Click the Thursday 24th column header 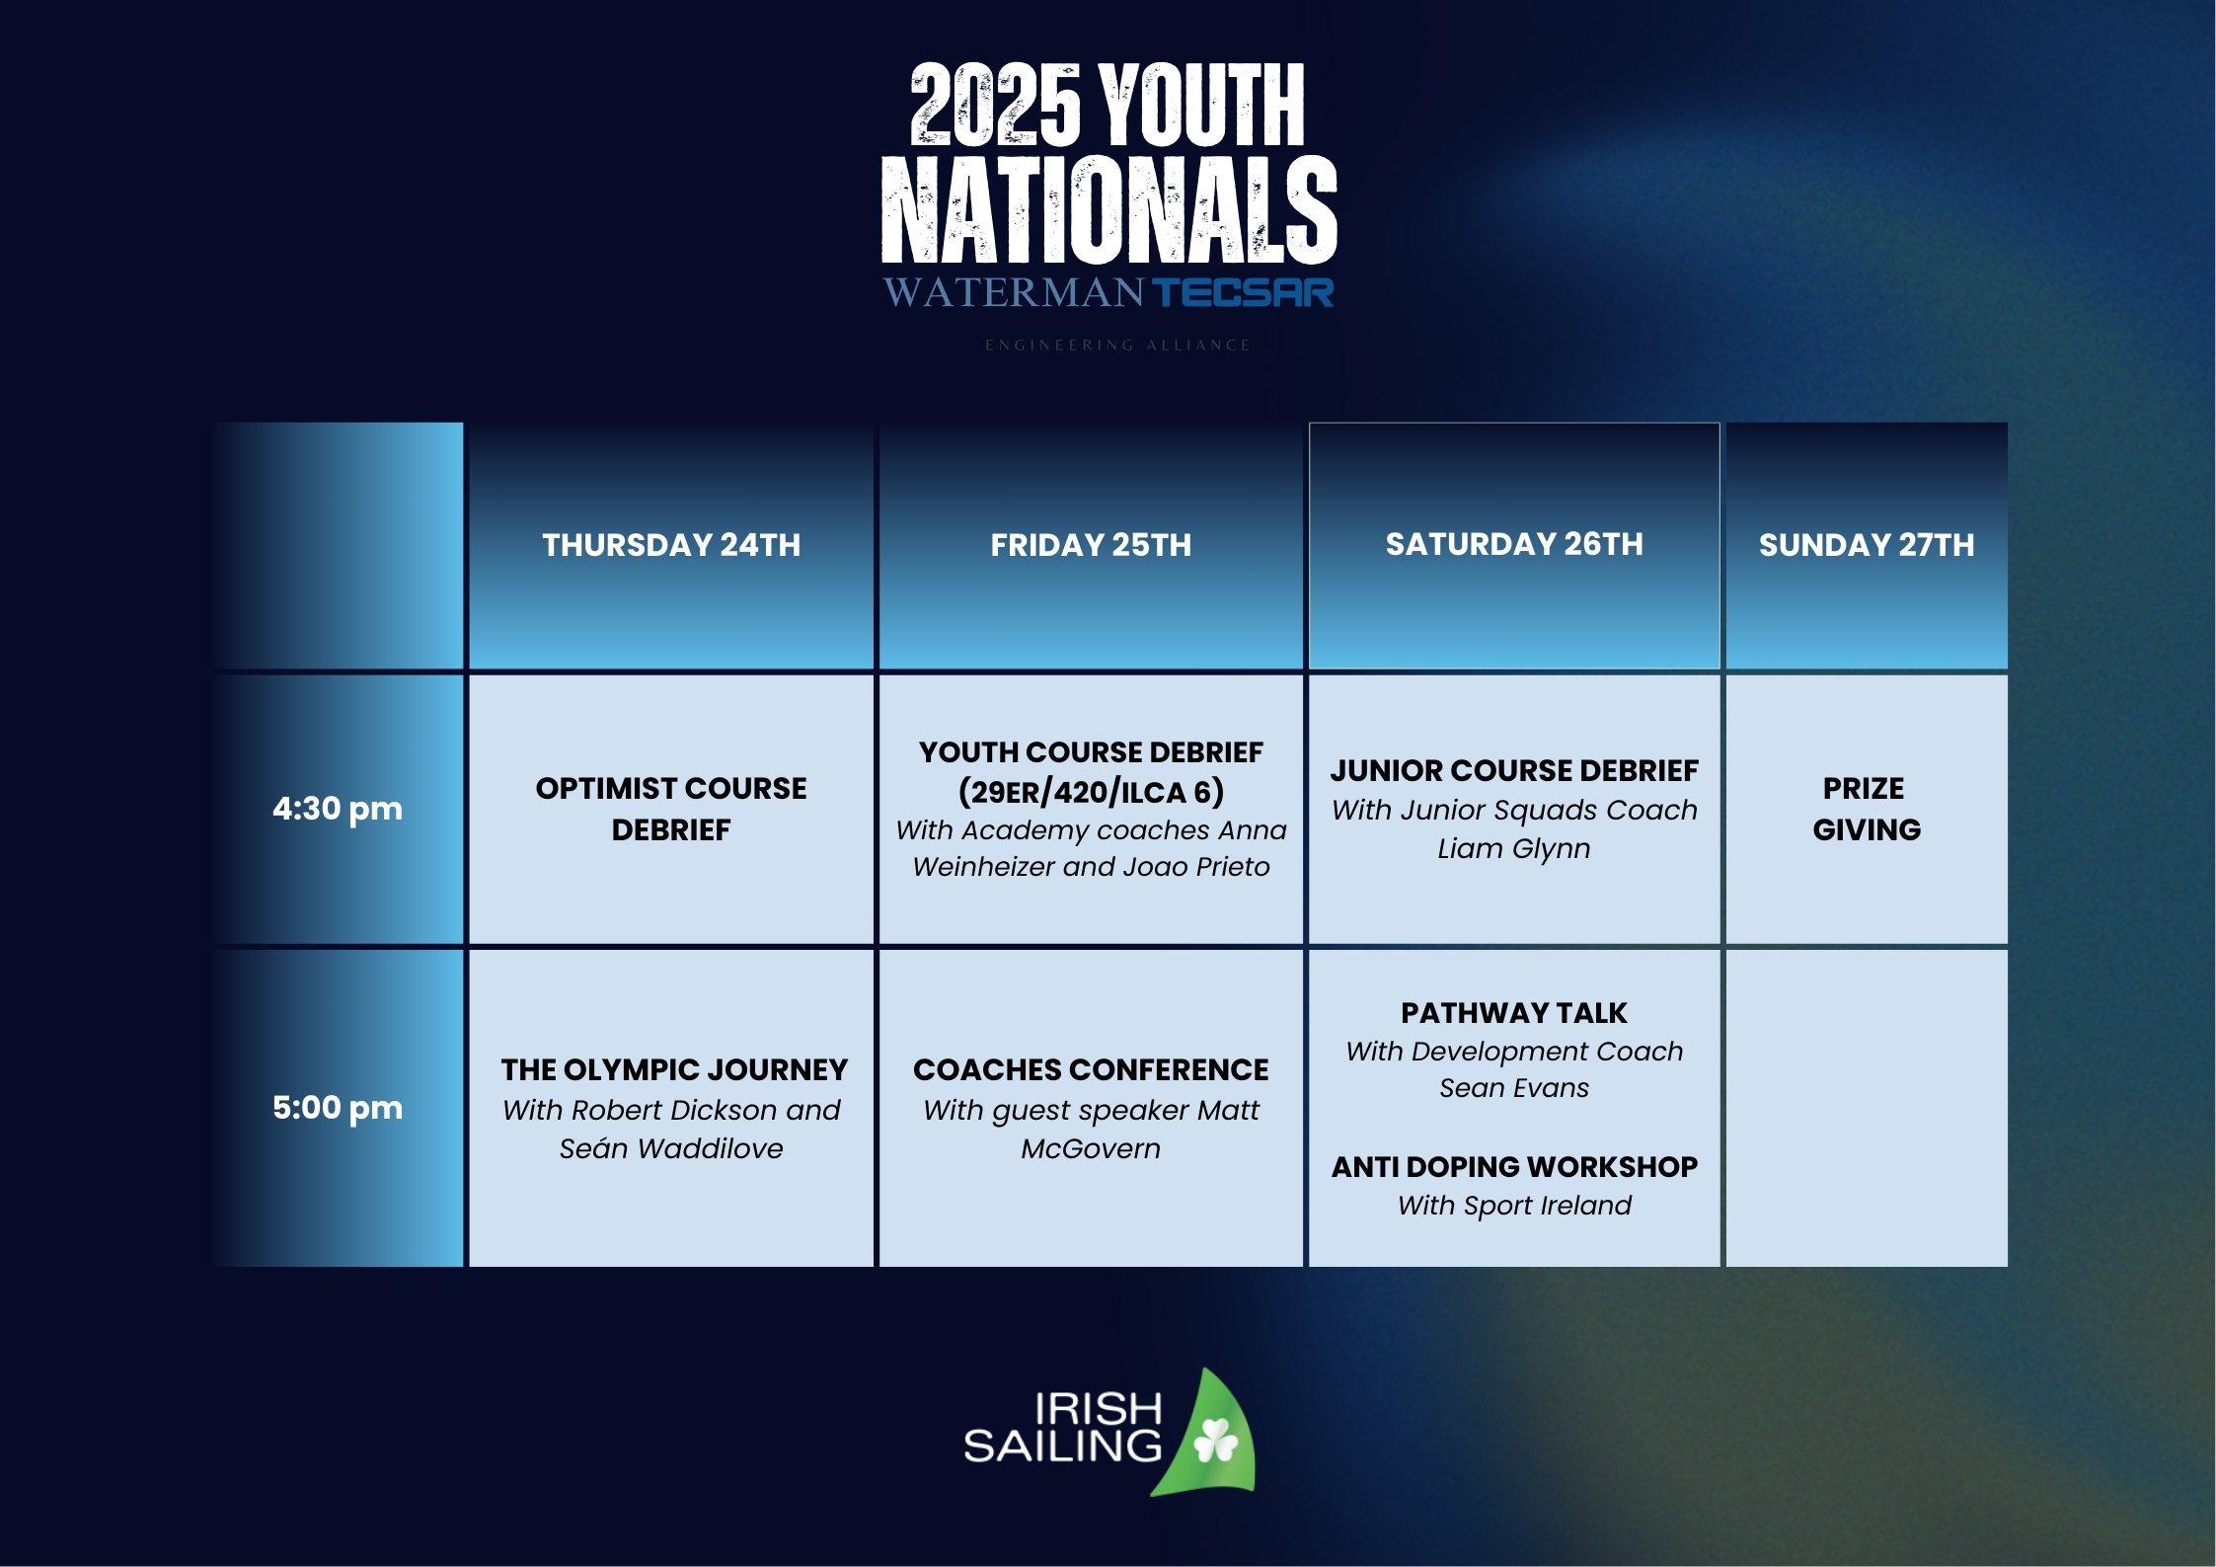[x=671, y=545]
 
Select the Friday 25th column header [x=1091, y=545]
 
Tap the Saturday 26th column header [x=1514, y=544]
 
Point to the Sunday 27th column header [x=1867, y=545]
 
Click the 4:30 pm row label [x=338, y=809]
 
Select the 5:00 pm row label [x=338, y=1108]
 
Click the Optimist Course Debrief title [x=671, y=809]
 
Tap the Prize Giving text [x=1867, y=809]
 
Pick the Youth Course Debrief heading [x=1091, y=752]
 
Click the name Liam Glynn [x=1514, y=848]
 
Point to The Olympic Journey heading [x=674, y=1069]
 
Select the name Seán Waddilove [x=671, y=1148]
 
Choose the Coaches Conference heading [x=1091, y=1069]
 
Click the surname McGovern [x=1091, y=1148]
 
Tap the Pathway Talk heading [x=1514, y=1013]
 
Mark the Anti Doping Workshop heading [x=1514, y=1167]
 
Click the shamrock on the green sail [x=1215, y=1441]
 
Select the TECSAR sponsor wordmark [x=1243, y=292]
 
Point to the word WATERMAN [x=1014, y=292]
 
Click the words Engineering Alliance [x=1117, y=346]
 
